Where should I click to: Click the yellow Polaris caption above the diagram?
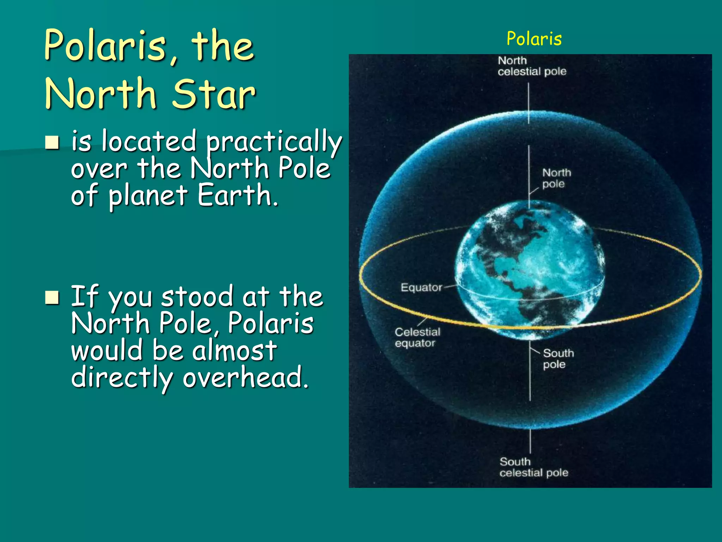tap(534, 39)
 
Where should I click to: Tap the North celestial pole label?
tap(532, 66)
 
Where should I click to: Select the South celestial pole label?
tap(533, 467)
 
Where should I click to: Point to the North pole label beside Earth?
tap(556, 178)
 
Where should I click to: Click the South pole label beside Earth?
tap(558, 359)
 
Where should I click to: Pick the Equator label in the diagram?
tap(421, 287)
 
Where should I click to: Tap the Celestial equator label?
tap(417, 337)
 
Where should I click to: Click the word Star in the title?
tap(214, 94)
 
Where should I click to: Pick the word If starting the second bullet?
tap(84, 296)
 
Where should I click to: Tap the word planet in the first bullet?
tap(148, 196)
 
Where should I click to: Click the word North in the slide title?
tap(100, 94)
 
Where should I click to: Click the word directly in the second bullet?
tap(122, 378)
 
